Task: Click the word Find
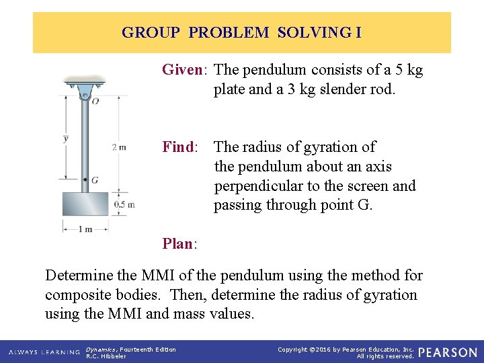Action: pos(177,147)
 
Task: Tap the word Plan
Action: pos(177,244)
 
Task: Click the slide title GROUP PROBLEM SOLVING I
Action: pos(241,32)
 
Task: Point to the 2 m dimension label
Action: pos(118,147)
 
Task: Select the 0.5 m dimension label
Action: pos(124,204)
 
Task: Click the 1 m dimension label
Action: pos(85,229)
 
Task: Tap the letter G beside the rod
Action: pos(95,180)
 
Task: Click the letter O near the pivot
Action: pos(95,102)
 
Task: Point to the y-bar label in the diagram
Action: pos(65,139)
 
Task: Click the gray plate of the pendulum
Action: pos(85,204)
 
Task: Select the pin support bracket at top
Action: pos(85,86)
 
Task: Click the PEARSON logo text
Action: pos(448,352)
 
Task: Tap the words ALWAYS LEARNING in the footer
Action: pos(44,352)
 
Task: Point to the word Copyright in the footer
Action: pos(292,349)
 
